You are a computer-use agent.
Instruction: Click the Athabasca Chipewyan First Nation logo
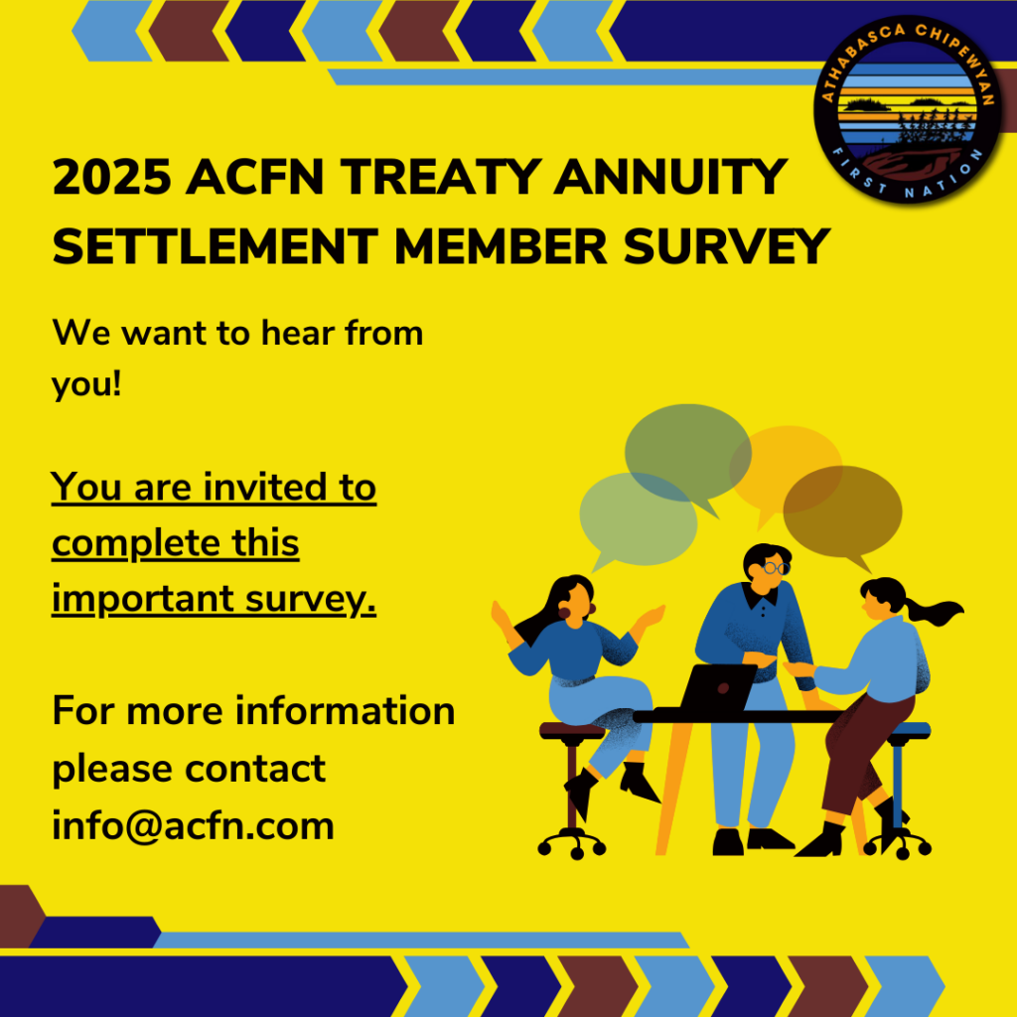pyautogui.click(x=908, y=109)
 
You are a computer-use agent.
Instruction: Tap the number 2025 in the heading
pyautogui.click(x=111, y=177)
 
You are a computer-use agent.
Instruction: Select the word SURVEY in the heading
pyautogui.click(x=726, y=246)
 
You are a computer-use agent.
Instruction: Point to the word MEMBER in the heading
pyautogui.click(x=501, y=246)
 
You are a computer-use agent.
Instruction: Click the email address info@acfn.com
pyautogui.click(x=194, y=825)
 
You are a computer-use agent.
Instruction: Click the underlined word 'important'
pyautogui.click(x=143, y=599)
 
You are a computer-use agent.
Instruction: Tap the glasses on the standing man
pyautogui.click(x=776, y=568)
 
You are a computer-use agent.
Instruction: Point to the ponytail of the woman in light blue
pyautogui.click(x=934, y=611)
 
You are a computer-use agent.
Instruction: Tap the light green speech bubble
pyautogui.click(x=638, y=520)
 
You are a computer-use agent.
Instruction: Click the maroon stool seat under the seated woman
pyautogui.click(x=572, y=731)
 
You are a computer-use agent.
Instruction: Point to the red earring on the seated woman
pyautogui.click(x=564, y=612)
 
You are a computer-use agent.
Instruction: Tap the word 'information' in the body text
pyautogui.click(x=345, y=711)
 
